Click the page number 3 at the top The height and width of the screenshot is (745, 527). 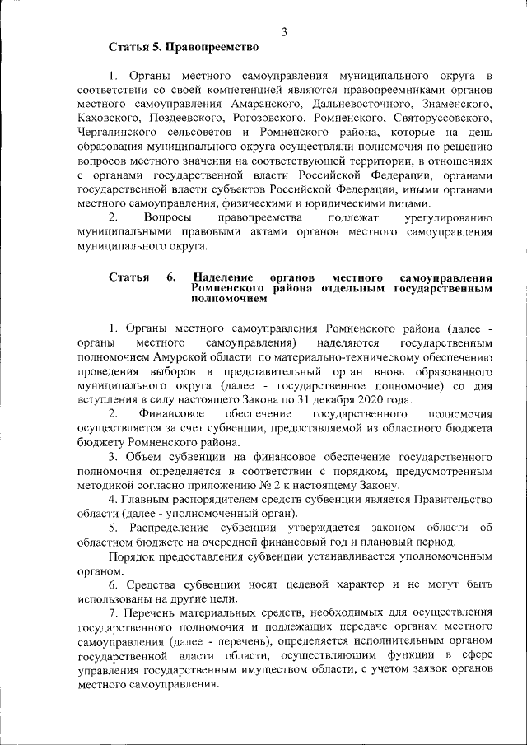point(284,32)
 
